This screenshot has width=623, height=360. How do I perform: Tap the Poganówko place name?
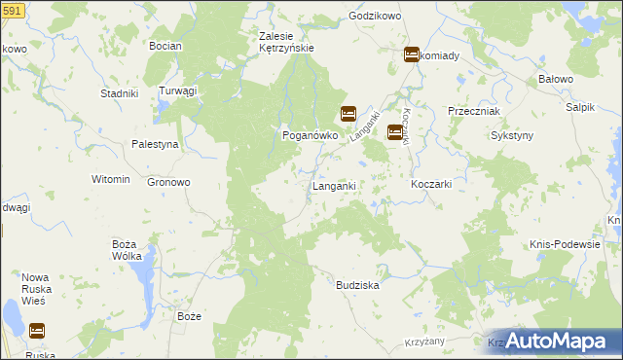tap(310, 136)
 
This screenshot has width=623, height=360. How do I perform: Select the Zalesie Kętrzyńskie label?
tap(285, 43)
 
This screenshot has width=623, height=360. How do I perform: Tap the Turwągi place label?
tap(179, 90)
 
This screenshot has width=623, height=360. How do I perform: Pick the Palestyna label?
tap(156, 144)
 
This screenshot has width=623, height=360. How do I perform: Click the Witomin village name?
tap(110, 180)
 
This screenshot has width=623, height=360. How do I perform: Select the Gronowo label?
tap(168, 182)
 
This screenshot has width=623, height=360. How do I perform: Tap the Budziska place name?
tap(356, 286)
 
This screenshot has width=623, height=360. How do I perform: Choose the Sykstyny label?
tap(511, 136)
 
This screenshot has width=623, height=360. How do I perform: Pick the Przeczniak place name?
tap(473, 111)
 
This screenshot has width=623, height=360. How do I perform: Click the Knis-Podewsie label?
tap(565, 244)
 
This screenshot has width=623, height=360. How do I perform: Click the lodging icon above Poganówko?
tap(348, 114)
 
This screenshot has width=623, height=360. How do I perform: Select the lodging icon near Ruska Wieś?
tap(36, 331)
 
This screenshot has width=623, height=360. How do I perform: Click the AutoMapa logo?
tap(555, 341)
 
